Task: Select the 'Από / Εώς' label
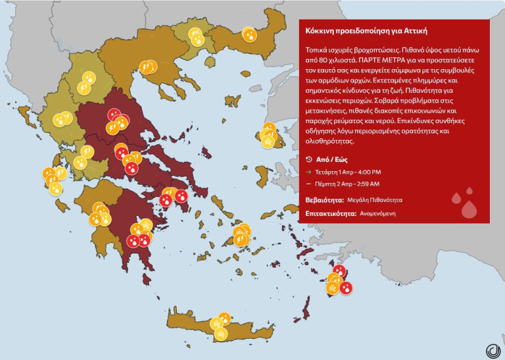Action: [331, 159]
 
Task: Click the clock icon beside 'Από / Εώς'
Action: [310, 159]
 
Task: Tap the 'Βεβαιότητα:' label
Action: [324, 199]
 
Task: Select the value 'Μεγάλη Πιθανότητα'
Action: [375, 199]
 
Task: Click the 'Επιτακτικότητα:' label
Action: [331, 213]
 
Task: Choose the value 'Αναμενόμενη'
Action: [377, 213]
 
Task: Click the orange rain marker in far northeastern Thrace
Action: [249, 34]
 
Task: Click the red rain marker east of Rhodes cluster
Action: [346, 288]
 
